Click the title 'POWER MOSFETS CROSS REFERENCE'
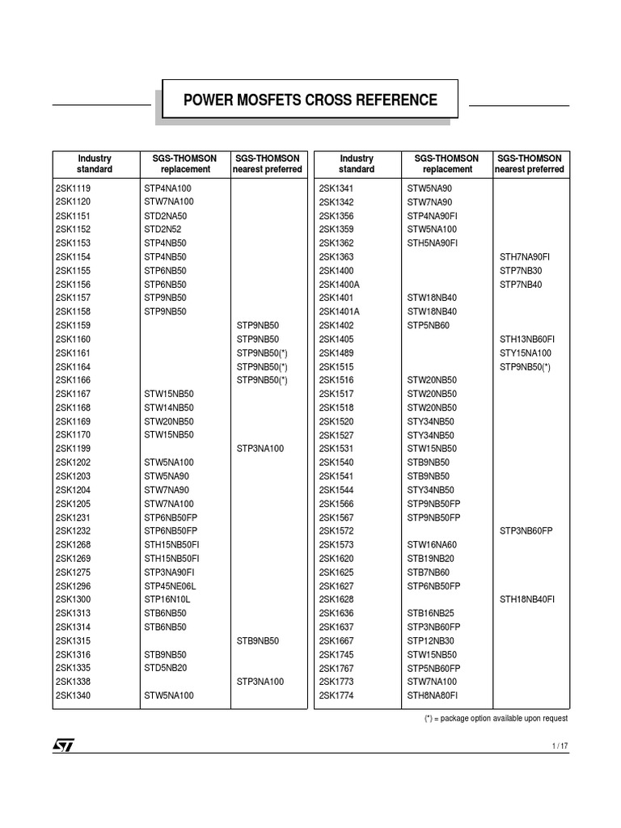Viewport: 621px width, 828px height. [x=310, y=99]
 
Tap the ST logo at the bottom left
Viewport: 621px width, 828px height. [x=63, y=745]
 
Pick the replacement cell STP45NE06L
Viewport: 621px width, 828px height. [x=170, y=586]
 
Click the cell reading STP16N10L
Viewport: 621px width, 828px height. [x=167, y=600]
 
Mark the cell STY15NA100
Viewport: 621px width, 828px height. [x=526, y=353]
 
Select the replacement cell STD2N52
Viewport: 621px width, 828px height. [x=164, y=229]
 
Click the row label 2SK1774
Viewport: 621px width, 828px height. [x=336, y=695]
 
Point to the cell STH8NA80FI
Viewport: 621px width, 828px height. [x=432, y=695]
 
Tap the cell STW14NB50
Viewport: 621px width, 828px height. [x=169, y=408]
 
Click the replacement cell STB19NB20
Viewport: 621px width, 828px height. [x=432, y=559]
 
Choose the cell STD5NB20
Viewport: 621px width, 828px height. [x=166, y=668]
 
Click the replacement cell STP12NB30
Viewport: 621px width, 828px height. [x=432, y=640]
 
